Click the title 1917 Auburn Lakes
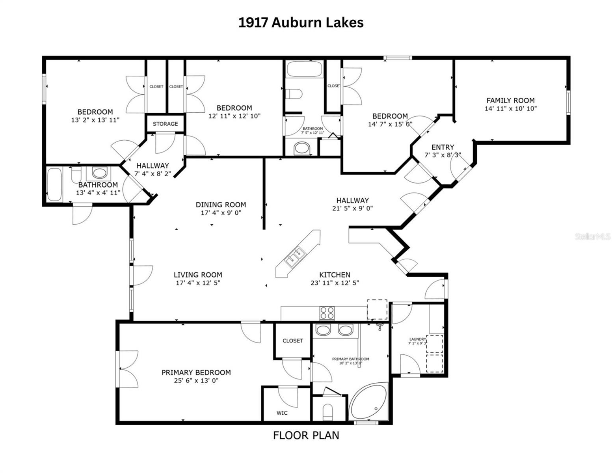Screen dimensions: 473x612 coord(301,22)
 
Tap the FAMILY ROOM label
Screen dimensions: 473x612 coord(510,101)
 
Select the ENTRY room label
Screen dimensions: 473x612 coord(443,147)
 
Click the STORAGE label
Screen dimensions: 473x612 coord(165,124)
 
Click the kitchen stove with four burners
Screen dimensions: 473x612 coord(327,313)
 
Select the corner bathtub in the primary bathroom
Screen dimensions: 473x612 coord(369,402)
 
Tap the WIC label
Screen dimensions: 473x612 coord(282,413)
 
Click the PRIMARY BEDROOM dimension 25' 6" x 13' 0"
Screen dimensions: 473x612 coord(196,381)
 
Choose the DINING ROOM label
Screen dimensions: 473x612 coord(221,205)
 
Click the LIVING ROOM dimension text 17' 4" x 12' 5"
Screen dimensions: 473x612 coord(198,283)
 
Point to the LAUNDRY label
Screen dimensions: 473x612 coord(418,339)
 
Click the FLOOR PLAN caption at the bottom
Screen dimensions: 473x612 coord(306,435)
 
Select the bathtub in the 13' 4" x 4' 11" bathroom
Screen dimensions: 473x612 coord(54,184)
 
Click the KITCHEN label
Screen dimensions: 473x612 coord(335,275)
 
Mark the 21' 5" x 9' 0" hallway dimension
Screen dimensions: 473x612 coord(352,209)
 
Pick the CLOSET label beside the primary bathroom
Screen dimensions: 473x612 coord(292,341)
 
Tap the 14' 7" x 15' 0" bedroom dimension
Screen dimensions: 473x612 coord(390,124)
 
